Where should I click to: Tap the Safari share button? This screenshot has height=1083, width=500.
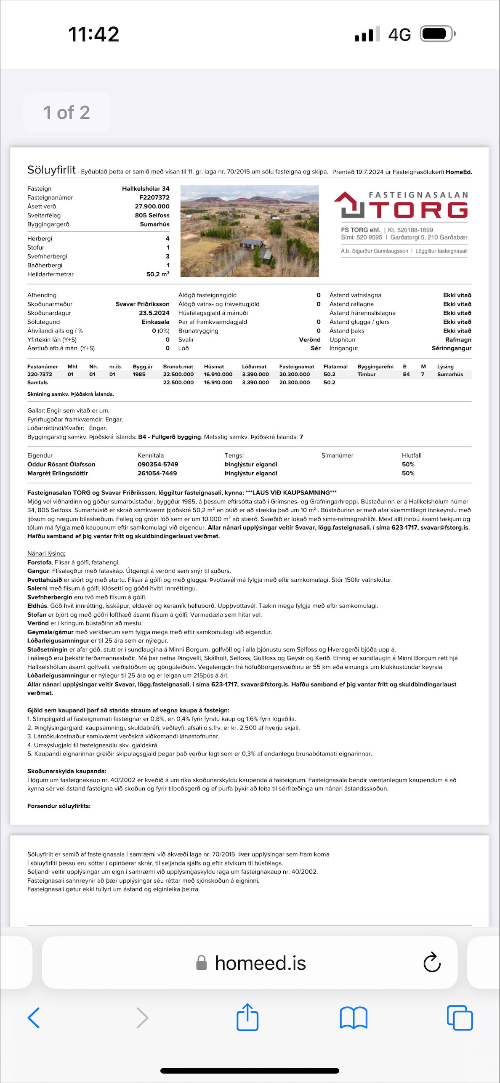pyautogui.click(x=247, y=1017)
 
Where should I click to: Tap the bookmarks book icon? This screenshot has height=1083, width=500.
pyautogui.click(x=354, y=1018)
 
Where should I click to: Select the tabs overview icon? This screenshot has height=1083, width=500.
pyautogui.click(x=460, y=1018)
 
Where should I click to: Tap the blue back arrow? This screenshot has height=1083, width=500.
pyautogui.click(x=34, y=1018)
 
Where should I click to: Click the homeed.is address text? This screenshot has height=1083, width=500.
pyautogui.click(x=260, y=963)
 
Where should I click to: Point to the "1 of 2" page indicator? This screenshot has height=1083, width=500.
pyautogui.click(x=66, y=112)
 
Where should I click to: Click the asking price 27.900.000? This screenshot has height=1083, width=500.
pyautogui.click(x=152, y=206)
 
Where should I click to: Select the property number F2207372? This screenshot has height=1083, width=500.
pyautogui.click(x=154, y=197)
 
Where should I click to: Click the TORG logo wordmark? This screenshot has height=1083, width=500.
pyautogui.click(x=420, y=210)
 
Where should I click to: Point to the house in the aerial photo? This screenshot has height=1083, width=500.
pyautogui.click(x=252, y=244)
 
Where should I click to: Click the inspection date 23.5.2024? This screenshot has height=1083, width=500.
pyautogui.click(x=154, y=313)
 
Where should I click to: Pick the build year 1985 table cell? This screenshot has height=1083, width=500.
pyautogui.click(x=139, y=374)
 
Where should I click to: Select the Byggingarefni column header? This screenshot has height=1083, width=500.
pyautogui.click(x=375, y=367)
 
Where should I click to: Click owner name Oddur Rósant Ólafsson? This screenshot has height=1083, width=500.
pyautogui.click(x=61, y=464)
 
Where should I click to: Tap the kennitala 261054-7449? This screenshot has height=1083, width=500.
pyautogui.click(x=157, y=473)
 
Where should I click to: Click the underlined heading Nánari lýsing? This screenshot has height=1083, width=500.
pyautogui.click(x=46, y=553)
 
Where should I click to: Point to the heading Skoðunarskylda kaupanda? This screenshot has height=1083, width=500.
pyautogui.click(x=67, y=771)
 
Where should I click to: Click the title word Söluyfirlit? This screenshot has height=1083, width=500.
pyautogui.click(x=51, y=170)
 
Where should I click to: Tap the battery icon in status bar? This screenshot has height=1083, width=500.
pyautogui.click(x=437, y=34)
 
